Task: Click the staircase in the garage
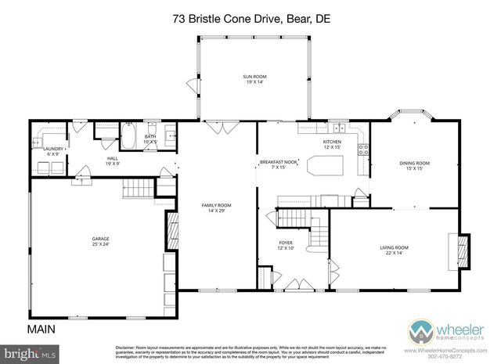tap(135, 188)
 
